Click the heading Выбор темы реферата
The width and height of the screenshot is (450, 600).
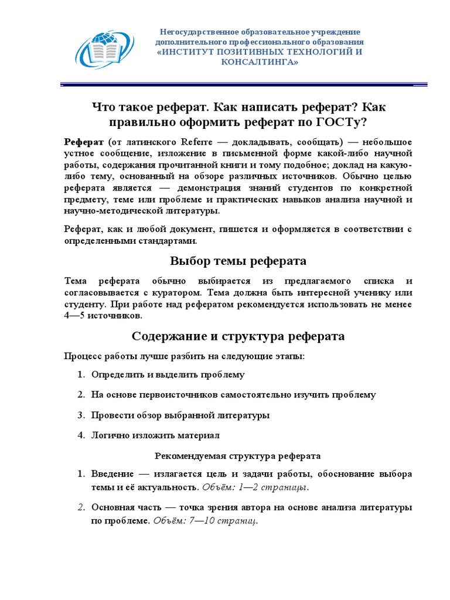pyautogui.click(x=238, y=261)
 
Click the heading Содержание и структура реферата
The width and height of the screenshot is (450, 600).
pyautogui.click(x=238, y=336)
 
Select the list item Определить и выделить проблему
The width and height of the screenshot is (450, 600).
pyautogui.click(x=168, y=374)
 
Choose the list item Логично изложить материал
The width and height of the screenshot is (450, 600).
pyautogui.click(x=155, y=435)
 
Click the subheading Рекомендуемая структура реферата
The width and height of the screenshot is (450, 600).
pyautogui.click(x=237, y=456)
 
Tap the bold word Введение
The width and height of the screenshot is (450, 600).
pyautogui.click(x=112, y=474)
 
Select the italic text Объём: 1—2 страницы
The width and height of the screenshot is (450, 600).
pyautogui.click(x=255, y=487)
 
